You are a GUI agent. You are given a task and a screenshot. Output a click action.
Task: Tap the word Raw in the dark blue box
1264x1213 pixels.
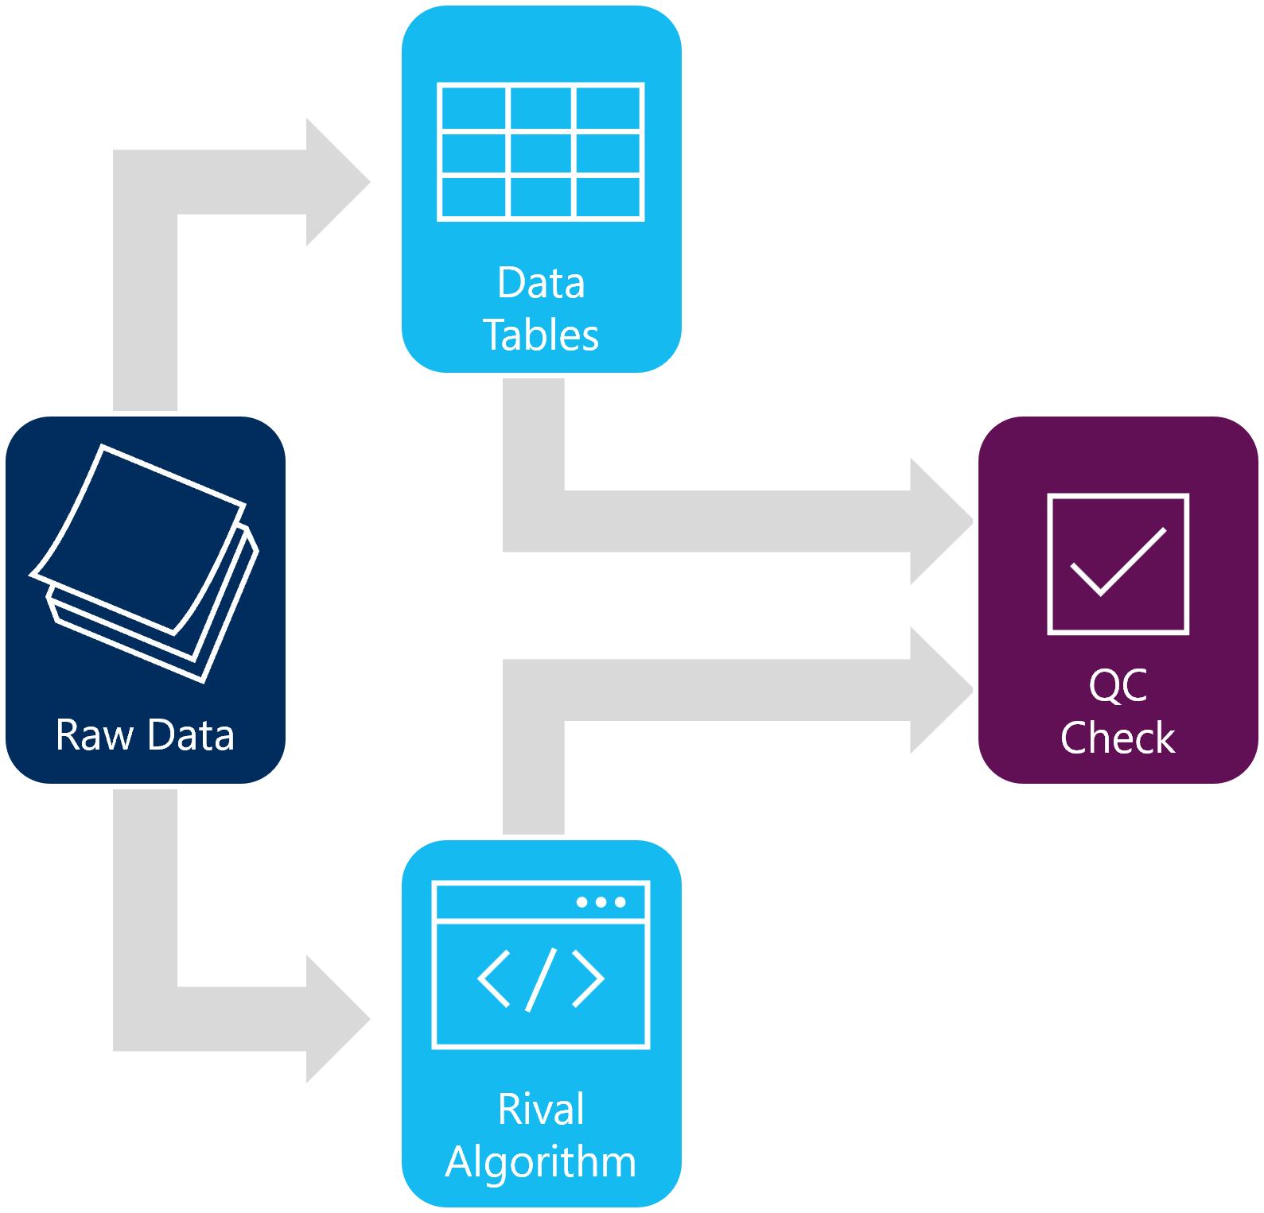point(94,735)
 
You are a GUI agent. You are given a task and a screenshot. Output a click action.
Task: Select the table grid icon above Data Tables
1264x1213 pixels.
point(541,152)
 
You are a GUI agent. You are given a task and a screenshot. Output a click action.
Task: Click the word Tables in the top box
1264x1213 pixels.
point(541,335)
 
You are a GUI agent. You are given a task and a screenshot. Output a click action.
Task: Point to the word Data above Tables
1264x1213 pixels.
point(541,283)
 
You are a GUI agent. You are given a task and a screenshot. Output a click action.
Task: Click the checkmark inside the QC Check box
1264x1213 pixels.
point(1118,563)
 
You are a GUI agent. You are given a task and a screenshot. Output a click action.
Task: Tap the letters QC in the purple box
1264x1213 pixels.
point(1118,685)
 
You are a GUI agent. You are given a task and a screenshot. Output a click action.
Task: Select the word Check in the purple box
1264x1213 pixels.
point(1118,738)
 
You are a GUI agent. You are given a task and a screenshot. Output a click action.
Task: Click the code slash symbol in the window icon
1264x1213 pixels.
point(541,979)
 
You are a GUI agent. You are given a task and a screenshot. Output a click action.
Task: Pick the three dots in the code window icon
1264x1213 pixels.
point(601,902)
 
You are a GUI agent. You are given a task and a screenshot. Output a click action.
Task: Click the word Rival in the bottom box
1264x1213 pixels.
point(541,1109)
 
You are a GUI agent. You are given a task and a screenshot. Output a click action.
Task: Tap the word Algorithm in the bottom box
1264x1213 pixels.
point(541,1161)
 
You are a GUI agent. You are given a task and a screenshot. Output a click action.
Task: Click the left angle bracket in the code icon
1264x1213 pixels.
point(493,979)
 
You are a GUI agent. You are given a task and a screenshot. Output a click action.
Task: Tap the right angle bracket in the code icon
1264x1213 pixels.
point(589,979)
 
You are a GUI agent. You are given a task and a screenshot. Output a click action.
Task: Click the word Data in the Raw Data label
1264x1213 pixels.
point(191,735)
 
